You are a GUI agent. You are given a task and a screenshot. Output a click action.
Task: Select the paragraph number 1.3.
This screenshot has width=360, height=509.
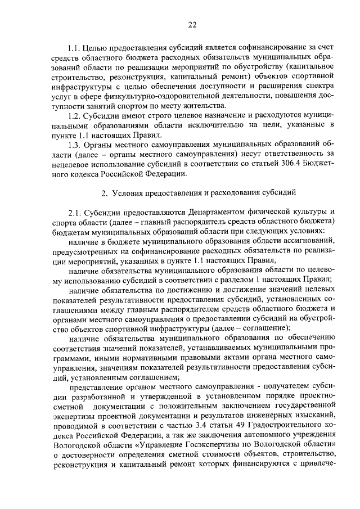click(x=74, y=145)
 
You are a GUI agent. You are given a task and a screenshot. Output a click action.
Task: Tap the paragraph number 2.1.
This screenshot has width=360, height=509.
click(x=75, y=211)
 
